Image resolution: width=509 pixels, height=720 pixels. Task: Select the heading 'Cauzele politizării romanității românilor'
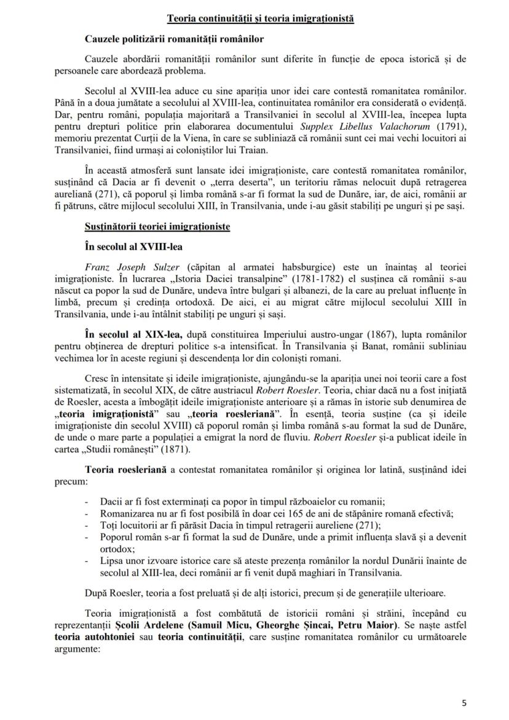pyautogui.click(x=175, y=40)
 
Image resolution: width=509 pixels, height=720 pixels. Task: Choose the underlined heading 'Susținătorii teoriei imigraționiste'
pyautogui.click(x=157, y=227)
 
